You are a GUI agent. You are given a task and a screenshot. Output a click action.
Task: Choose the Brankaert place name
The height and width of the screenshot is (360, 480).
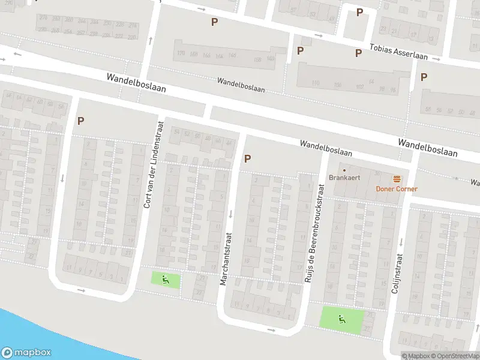point(344,178)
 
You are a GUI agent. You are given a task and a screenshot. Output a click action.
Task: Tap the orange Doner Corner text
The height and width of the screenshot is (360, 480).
point(397,189)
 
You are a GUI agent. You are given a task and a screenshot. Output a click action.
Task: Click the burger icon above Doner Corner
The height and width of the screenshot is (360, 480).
point(397,179)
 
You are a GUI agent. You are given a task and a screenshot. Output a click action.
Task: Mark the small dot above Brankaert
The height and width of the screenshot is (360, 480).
point(344,169)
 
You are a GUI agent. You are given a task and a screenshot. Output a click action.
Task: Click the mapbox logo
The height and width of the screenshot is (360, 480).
point(26,353)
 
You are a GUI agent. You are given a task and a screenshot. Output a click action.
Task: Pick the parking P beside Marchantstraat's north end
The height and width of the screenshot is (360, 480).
point(247,159)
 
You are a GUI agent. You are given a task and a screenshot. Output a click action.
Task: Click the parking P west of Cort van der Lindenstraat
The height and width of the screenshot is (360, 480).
point(80,120)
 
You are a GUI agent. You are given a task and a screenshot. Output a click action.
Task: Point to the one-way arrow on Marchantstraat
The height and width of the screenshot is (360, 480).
point(230,214)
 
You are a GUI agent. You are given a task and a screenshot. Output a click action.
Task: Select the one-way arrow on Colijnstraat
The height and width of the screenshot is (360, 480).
point(401,241)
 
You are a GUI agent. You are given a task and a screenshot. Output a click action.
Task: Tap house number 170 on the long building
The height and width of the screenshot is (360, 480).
point(181,53)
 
